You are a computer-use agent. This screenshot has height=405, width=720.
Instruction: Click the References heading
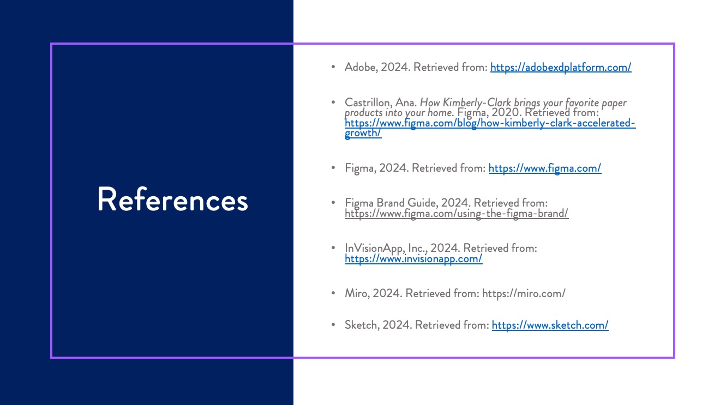click(172, 200)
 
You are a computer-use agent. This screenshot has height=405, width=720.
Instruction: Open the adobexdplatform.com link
click(561, 68)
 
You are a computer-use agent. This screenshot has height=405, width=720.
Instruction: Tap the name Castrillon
click(368, 103)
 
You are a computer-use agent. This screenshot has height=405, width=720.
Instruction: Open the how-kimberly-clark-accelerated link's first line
click(490, 123)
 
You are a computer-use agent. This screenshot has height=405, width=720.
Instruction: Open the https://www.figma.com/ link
click(545, 168)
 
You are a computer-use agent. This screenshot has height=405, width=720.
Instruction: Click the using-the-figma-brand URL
click(457, 214)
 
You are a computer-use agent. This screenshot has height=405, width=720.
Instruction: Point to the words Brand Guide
click(406, 203)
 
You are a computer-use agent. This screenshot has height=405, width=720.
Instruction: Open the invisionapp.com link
click(413, 259)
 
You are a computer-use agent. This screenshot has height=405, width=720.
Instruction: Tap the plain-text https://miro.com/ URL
click(524, 294)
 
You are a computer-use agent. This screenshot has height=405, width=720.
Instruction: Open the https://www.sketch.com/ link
click(550, 325)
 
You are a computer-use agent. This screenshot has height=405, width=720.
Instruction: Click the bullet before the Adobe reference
click(333, 67)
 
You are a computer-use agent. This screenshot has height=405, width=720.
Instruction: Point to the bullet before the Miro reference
click(333, 293)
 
